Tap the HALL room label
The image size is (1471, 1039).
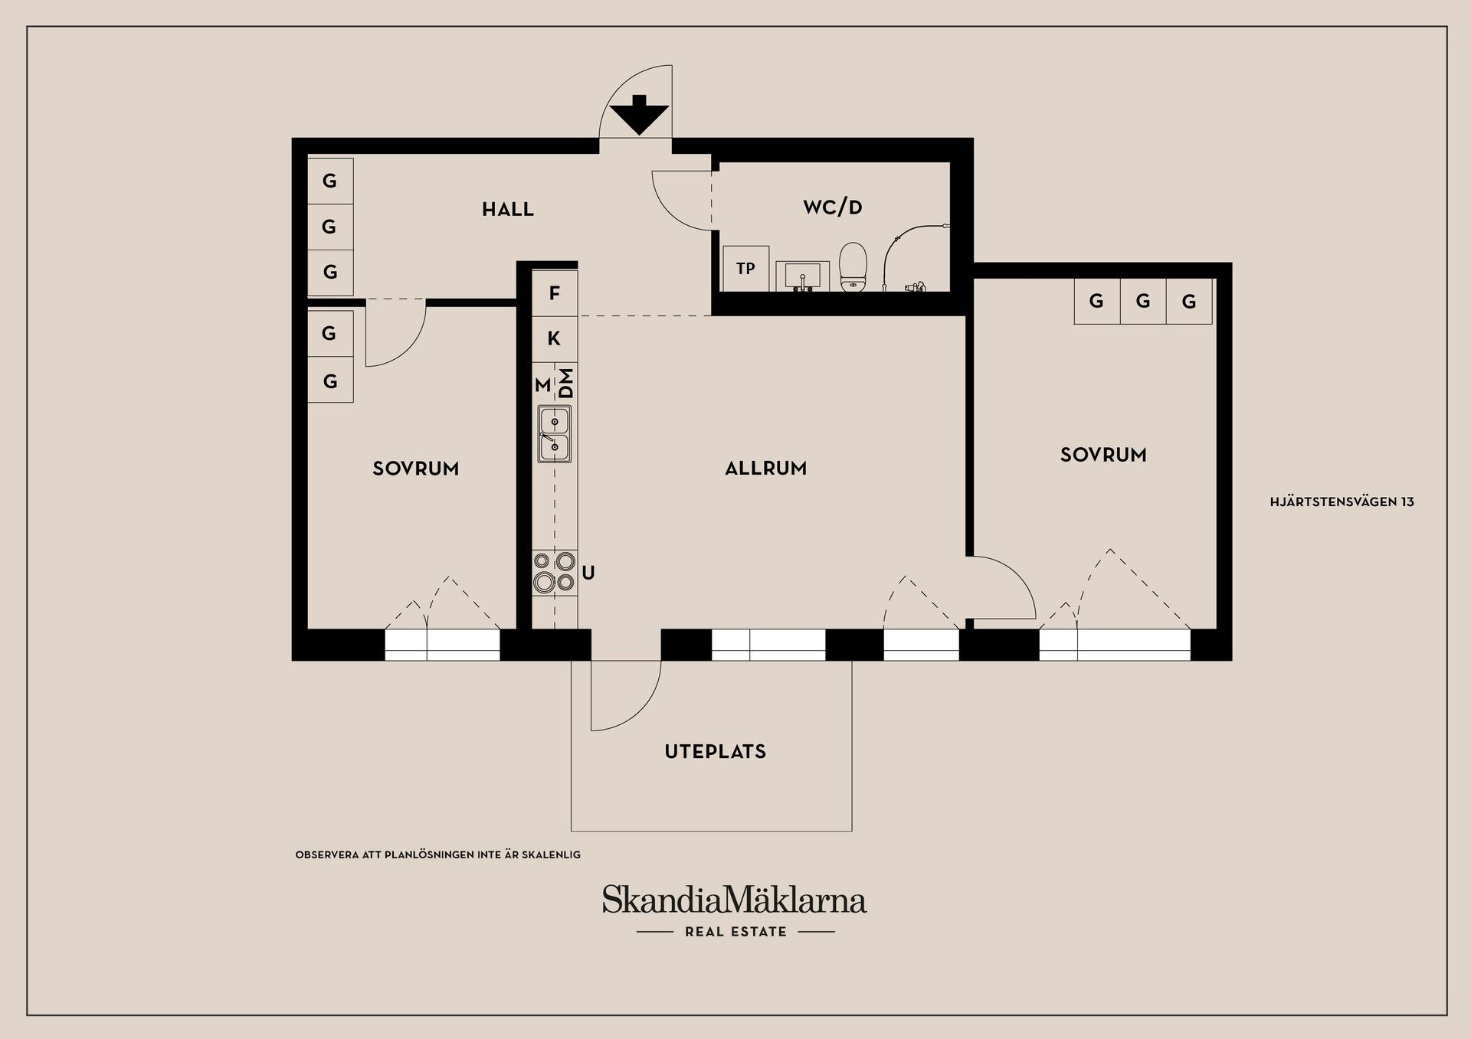508,209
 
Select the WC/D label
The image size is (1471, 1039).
833,207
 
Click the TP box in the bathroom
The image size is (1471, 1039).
746,269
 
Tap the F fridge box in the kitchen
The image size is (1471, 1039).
555,293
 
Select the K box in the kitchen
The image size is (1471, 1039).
555,338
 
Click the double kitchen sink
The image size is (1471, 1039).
555,434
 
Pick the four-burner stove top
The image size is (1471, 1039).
555,573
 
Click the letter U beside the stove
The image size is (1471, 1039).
588,573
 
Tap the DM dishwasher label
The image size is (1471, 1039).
566,383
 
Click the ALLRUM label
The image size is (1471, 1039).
766,469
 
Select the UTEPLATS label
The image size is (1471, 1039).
716,752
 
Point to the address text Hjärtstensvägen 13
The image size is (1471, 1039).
1342,502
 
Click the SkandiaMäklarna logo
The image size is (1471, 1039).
734,900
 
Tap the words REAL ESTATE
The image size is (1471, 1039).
735,932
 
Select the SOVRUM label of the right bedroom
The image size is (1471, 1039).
1103,455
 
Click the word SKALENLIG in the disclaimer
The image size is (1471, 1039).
551,854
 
